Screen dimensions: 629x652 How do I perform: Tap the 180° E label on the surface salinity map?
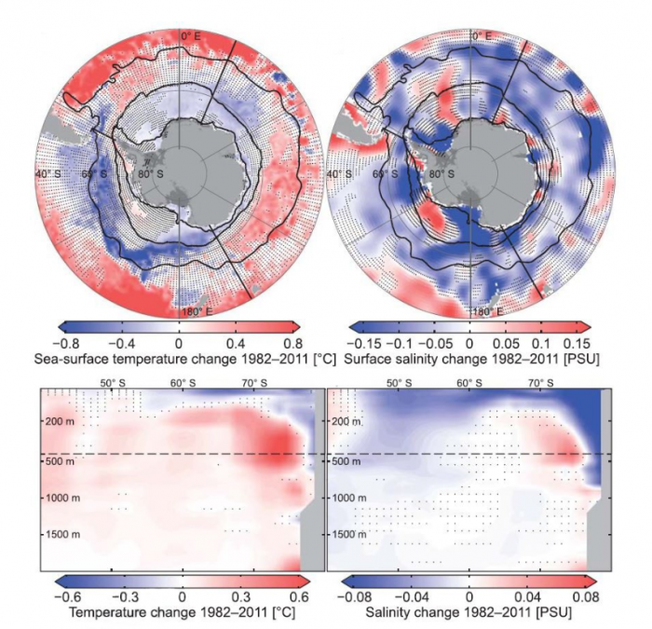[x=485, y=311]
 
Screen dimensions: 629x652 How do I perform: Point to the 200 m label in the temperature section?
[x=59, y=422]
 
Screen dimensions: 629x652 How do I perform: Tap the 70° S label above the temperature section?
[x=253, y=383]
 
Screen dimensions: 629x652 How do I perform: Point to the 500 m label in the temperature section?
[x=59, y=460]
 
